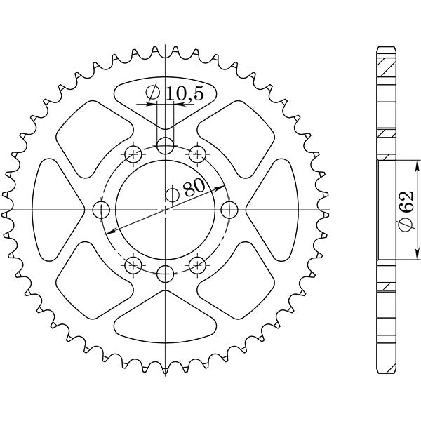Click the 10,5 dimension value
(x=182, y=93)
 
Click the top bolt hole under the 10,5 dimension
(x=166, y=146)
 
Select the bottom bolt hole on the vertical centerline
(x=166, y=274)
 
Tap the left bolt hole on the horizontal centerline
(x=102, y=210)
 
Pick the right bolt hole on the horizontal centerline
(x=229, y=210)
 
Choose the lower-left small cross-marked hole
(x=134, y=265)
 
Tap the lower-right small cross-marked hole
(x=197, y=265)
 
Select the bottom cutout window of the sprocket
(x=166, y=323)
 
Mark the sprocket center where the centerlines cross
(x=166, y=210)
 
